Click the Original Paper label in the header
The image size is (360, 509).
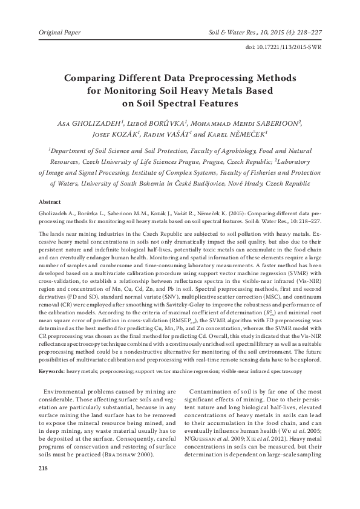click(x=60, y=30)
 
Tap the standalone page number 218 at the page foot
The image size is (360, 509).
click(x=43, y=468)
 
